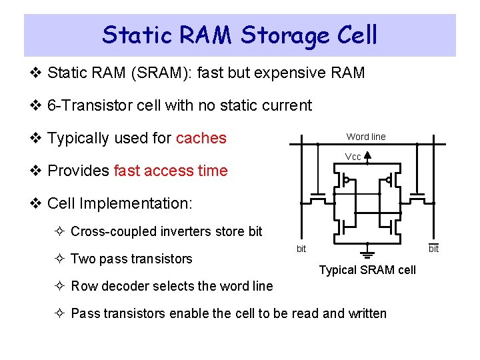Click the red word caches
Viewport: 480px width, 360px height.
tap(201, 139)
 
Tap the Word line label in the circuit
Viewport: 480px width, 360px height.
tap(365, 137)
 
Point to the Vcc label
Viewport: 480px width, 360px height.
tap(353, 157)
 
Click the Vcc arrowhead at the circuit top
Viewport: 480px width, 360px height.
tap(367, 157)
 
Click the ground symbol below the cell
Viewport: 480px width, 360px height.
tap(367, 254)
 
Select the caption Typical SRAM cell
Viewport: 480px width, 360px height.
tap(367, 270)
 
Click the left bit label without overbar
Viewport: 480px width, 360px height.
tap(301, 249)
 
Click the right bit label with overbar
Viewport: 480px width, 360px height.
tap(433, 249)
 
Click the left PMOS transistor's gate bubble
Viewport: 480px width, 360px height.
tap(346, 180)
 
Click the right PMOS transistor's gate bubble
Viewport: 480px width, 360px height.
tap(389, 180)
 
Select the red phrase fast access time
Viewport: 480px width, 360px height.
tap(171, 171)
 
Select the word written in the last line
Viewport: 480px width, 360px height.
tap(365, 313)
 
